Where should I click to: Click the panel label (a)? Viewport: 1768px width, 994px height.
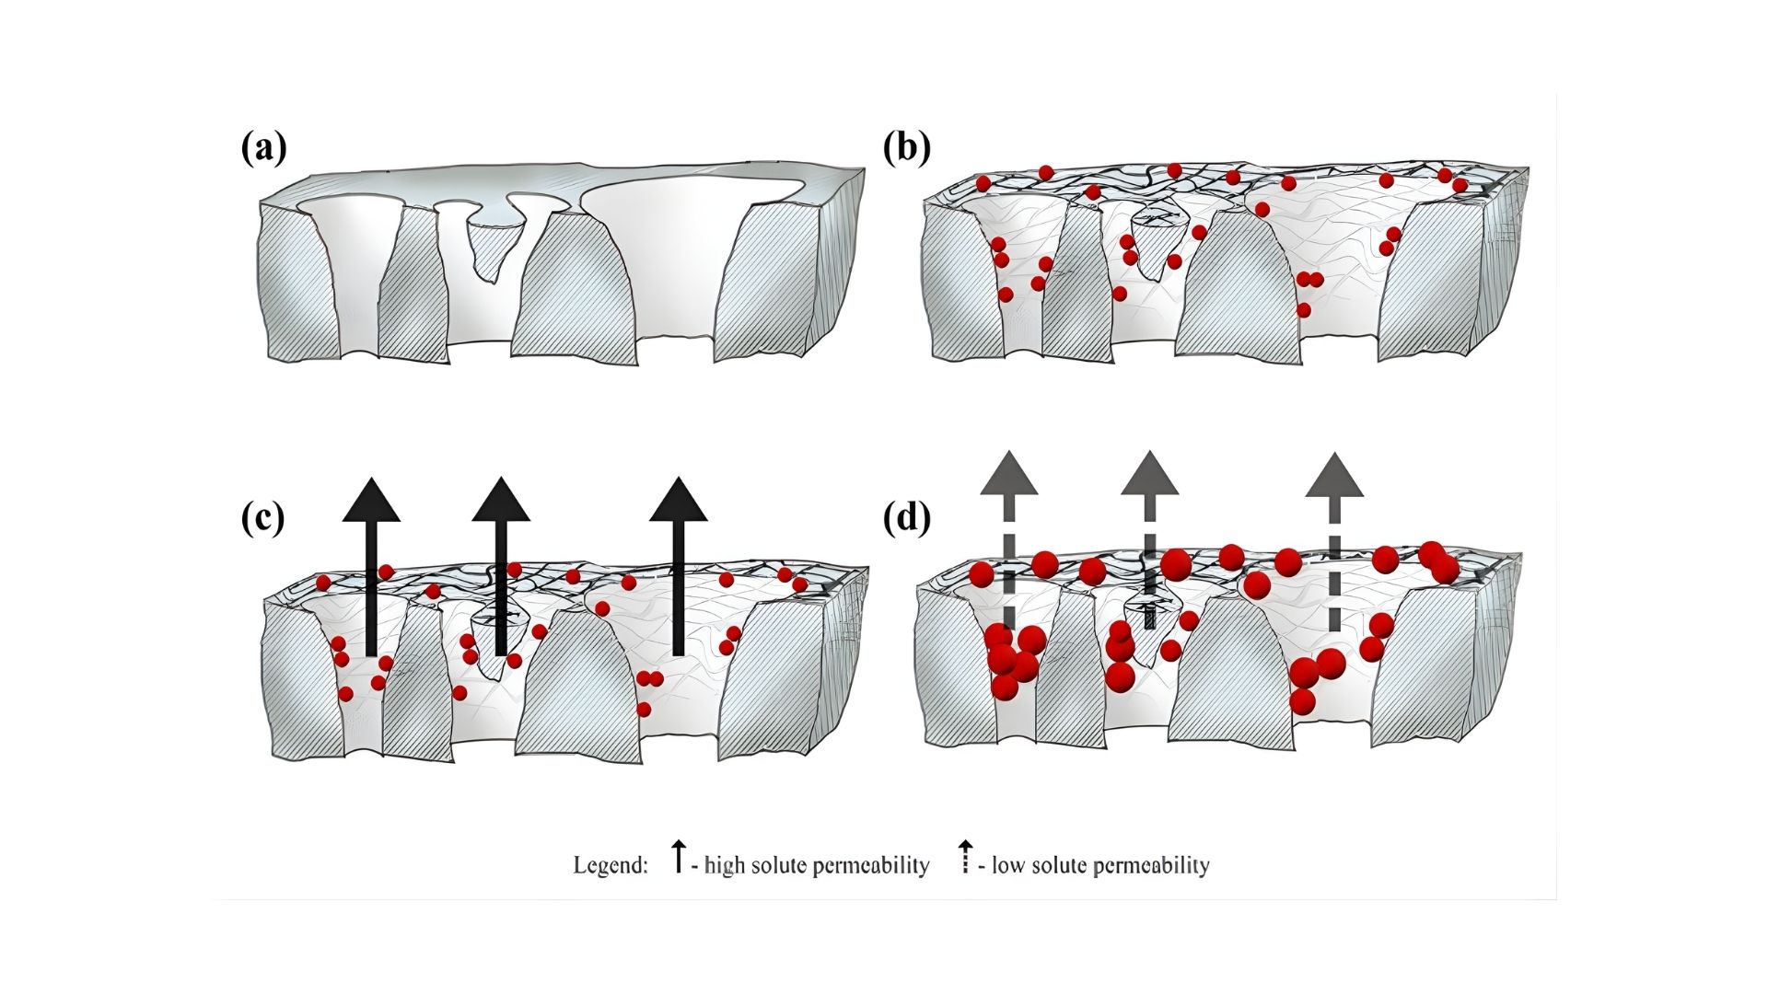tap(263, 148)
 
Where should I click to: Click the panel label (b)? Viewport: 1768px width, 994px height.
tap(906, 148)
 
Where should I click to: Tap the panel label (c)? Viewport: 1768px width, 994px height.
tap(262, 519)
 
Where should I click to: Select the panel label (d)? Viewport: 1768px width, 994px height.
tap(906, 519)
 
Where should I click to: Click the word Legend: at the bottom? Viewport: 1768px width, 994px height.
tap(611, 865)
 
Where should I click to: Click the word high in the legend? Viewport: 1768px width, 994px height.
tap(724, 865)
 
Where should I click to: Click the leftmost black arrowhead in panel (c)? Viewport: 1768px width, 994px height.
tap(371, 502)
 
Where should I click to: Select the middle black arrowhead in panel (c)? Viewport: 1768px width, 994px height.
tap(501, 502)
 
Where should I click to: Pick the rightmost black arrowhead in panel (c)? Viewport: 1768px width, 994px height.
tap(679, 502)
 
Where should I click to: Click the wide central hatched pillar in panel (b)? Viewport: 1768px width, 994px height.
tap(1239, 290)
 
